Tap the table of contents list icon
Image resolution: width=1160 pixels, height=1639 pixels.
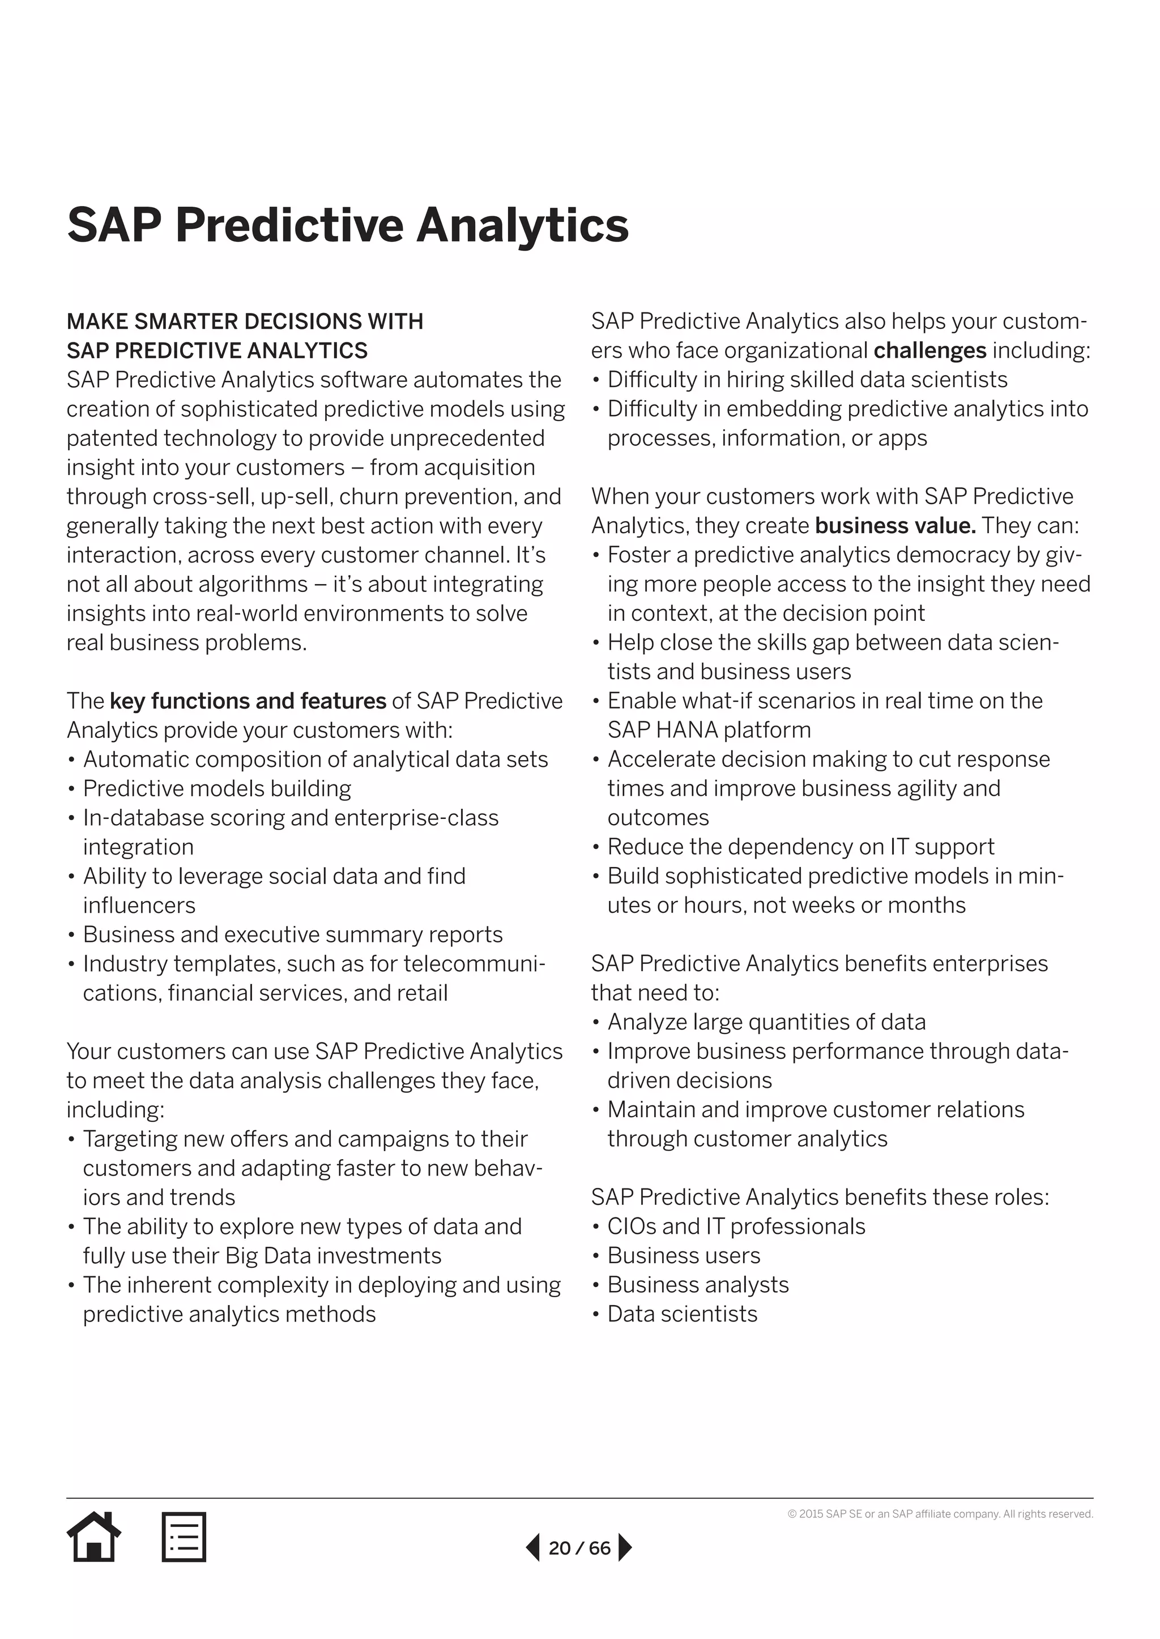pyautogui.click(x=184, y=1537)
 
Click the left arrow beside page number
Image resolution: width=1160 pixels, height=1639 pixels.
pyautogui.click(x=533, y=1548)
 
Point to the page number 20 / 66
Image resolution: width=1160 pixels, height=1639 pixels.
pyautogui.click(x=579, y=1548)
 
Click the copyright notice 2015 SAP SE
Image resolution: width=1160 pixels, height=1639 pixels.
pyautogui.click(x=940, y=1514)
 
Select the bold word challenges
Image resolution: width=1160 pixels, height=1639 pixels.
pyautogui.click(x=929, y=350)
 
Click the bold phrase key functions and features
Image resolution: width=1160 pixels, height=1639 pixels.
pyautogui.click(x=248, y=701)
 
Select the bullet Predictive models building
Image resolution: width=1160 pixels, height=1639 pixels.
pyautogui.click(x=217, y=788)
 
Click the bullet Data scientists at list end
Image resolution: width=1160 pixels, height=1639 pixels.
pyautogui.click(x=682, y=1314)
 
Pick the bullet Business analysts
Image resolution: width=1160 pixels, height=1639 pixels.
pyautogui.click(x=698, y=1284)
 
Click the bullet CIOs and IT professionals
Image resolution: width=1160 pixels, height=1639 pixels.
pyautogui.click(x=736, y=1226)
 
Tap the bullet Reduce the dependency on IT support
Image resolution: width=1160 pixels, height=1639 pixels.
pyautogui.click(x=800, y=847)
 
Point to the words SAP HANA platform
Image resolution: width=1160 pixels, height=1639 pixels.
pyautogui.click(x=709, y=730)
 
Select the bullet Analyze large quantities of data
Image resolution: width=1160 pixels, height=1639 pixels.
pyautogui.click(x=766, y=1022)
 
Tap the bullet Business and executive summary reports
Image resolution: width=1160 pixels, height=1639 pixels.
pyautogui.click(x=292, y=934)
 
